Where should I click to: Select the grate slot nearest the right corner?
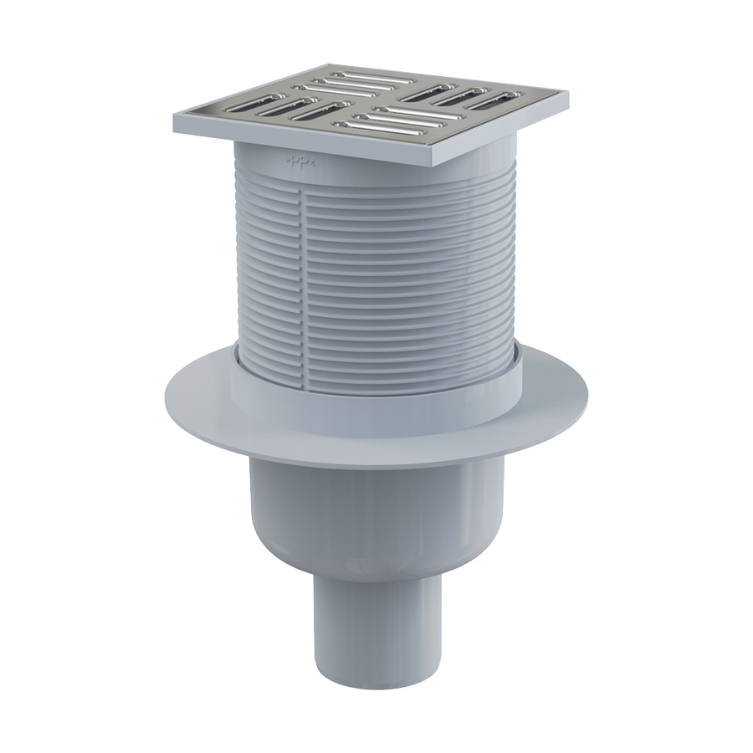(x=494, y=99)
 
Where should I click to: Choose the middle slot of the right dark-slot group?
(x=461, y=95)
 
